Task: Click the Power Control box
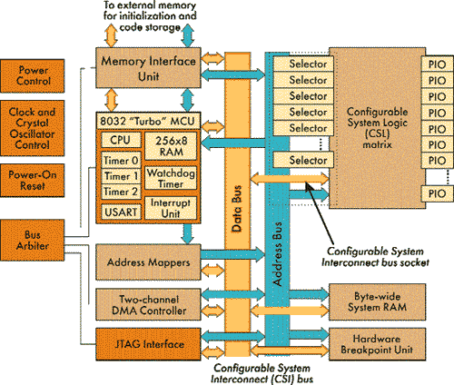(x=32, y=76)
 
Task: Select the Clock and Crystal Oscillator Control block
(x=32, y=128)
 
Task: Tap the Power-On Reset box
(x=32, y=181)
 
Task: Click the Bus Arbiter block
(x=32, y=241)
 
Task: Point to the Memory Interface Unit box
(x=148, y=68)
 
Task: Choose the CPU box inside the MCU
(x=121, y=140)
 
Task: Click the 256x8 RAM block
(x=171, y=146)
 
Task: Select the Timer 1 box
(x=121, y=176)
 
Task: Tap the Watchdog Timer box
(x=171, y=178)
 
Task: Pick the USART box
(x=121, y=212)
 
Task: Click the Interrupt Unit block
(x=171, y=208)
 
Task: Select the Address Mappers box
(x=148, y=262)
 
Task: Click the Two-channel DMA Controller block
(x=148, y=304)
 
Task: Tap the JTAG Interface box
(x=148, y=344)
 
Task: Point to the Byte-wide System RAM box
(x=377, y=302)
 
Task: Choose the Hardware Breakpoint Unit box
(x=377, y=344)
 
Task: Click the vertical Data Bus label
(x=237, y=209)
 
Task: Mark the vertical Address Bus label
(x=277, y=253)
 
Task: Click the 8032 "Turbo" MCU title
(x=147, y=121)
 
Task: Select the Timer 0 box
(x=121, y=161)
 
